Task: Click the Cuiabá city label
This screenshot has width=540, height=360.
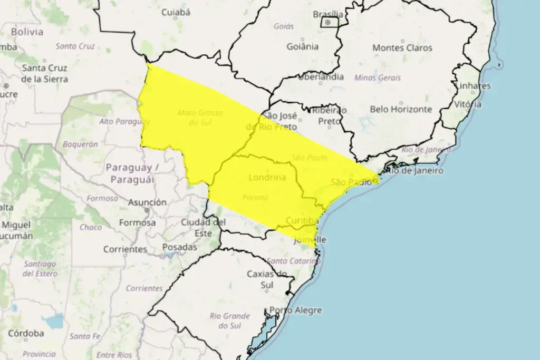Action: (x=176, y=13)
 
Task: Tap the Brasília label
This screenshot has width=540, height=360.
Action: (x=328, y=14)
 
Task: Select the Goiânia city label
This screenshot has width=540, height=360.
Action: (x=302, y=46)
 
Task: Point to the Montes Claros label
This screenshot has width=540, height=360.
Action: (x=402, y=48)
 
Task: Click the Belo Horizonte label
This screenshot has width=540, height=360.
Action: (x=401, y=110)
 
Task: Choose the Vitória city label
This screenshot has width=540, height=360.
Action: (x=468, y=104)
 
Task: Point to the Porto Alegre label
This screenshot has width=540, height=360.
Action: (x=295, y=310)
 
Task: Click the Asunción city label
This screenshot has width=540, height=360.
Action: (x=147, y=203)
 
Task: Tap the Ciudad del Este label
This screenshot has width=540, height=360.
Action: (x=204, y=227)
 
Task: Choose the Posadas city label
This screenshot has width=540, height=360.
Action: (x=179, y=247)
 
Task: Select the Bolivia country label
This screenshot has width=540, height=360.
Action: (x=27, y=32)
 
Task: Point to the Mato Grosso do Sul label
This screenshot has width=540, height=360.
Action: (x=200, y=118)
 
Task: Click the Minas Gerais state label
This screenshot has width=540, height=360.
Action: (x=378, y=77)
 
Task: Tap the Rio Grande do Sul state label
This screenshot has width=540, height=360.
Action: (x=229, y=320)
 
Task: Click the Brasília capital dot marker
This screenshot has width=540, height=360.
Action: (x=327, y=23)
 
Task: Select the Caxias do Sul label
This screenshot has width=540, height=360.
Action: (x=267, y=279)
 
